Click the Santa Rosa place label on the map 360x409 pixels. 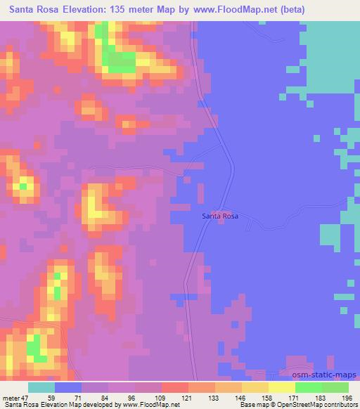click(220, 216)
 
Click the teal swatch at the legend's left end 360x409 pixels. click(41, 388)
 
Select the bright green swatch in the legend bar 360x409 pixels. click(308, 388)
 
